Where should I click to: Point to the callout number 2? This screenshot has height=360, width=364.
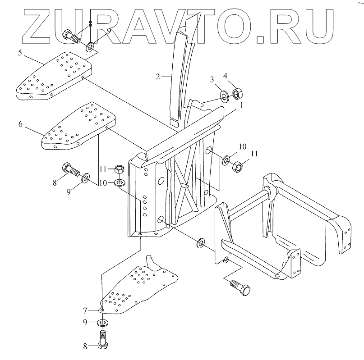pos(158,77)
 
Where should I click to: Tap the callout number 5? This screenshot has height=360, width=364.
pos(20,53)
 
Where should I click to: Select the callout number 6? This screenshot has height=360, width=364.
pos(20,124)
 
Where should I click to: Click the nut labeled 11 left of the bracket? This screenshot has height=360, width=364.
pos(119,169)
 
